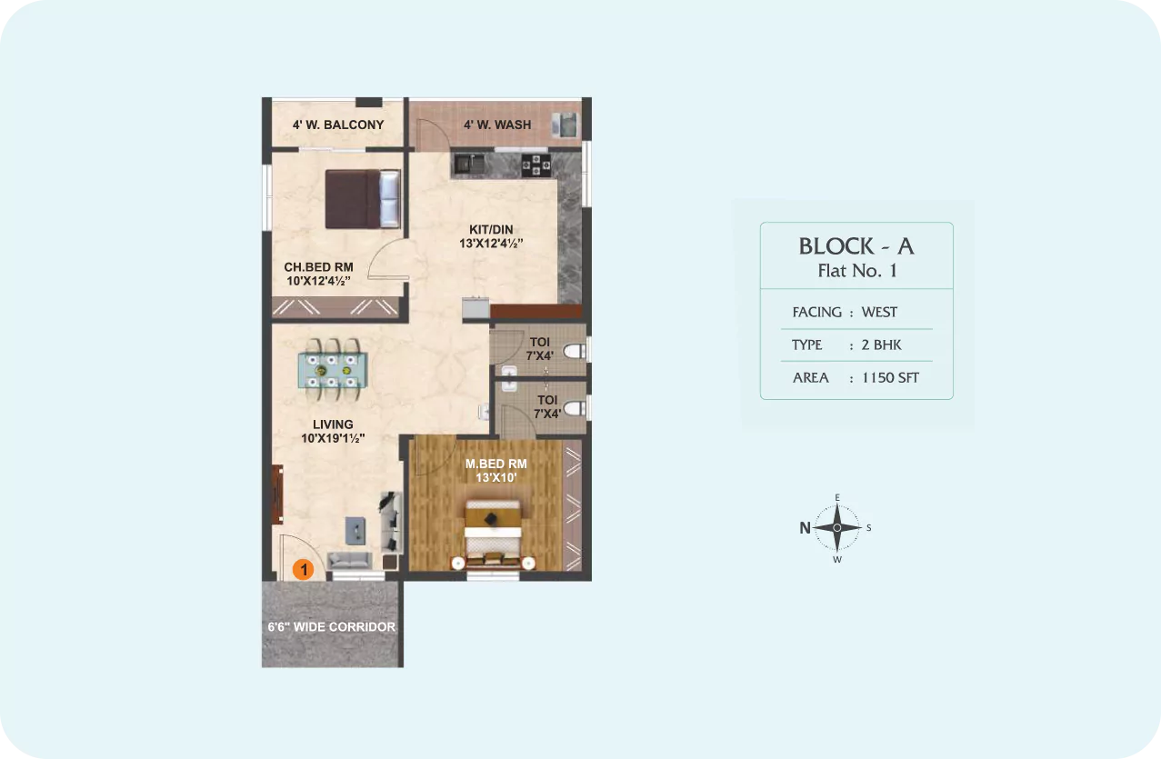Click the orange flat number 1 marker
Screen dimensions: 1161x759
click(304, 569)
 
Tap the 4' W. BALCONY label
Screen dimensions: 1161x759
click(338, 125)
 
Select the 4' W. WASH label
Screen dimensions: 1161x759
click(497, 125)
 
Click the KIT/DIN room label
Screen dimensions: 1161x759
click(491, 236)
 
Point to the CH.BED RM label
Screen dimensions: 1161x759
click(319, 275)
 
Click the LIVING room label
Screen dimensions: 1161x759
click(333, 431)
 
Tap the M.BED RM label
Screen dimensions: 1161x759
click(496, 471)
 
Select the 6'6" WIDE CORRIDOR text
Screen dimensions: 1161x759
click(332, 627)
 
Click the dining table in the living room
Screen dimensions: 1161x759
click(332, 370)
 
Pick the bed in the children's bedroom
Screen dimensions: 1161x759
click(363, 199)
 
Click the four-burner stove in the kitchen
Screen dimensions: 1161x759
click(535, 165)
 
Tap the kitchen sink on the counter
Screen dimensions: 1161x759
click(470, 165)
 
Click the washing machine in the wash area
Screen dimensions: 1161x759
click(565, 125)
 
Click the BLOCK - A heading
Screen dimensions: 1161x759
click(856, 246)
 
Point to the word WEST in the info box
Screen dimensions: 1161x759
click(879, 312)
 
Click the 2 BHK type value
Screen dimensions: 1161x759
click(881, 345)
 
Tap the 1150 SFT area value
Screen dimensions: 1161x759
click(890, 378)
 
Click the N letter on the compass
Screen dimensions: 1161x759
click(805, 528)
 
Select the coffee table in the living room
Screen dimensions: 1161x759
click(355, 531)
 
